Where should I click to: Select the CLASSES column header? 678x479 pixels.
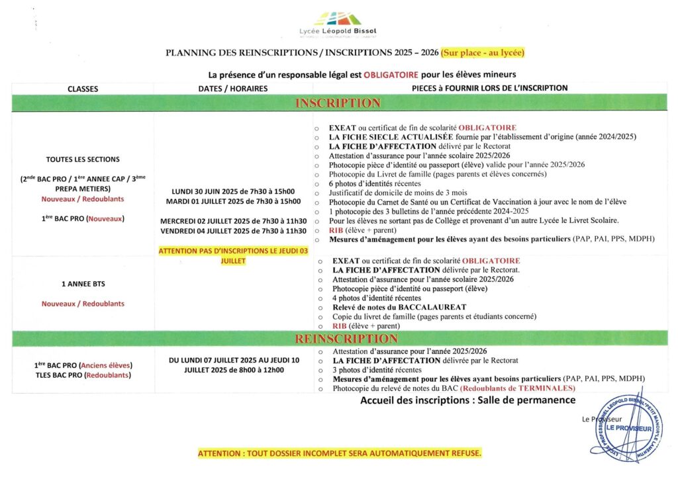83,89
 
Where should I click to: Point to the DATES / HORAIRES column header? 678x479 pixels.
233,89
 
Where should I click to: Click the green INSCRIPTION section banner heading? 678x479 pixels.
338,103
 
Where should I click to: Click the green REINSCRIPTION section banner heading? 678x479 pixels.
338,339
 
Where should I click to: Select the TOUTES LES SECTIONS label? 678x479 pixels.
83,159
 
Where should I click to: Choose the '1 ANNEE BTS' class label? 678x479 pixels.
83,284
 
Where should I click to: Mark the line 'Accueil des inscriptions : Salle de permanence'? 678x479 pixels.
467,400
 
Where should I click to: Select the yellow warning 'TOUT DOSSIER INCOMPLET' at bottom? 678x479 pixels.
340,453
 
